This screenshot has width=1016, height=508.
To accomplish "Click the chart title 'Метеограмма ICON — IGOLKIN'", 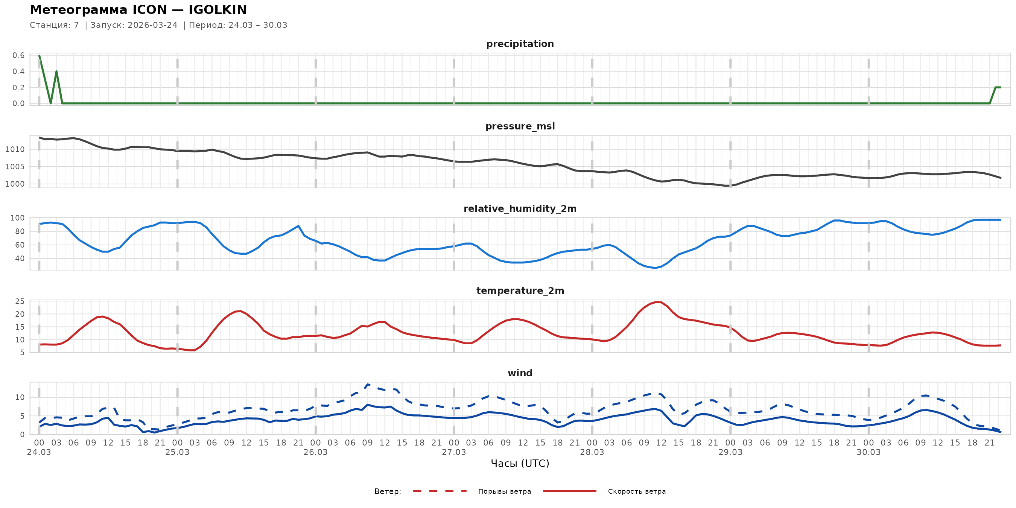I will [138, 9].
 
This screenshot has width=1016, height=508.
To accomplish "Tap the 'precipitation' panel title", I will [520, 44].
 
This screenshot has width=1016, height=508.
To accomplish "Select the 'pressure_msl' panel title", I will [520, 126].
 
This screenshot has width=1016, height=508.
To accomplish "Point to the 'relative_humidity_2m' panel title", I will [520, 208].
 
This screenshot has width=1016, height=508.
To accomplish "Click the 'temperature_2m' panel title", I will [520, 291].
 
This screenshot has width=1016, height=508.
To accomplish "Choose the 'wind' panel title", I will [520, 373].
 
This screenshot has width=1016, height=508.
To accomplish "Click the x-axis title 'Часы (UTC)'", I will [520, 464].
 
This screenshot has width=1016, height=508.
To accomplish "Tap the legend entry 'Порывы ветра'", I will [505, 491].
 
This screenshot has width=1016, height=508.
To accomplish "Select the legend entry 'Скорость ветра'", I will [637, 491].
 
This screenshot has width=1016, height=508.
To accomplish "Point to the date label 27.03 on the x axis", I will [453, 452].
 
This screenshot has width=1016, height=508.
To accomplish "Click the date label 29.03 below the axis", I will [730, 452].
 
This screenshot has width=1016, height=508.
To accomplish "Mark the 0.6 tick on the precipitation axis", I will [18, 55].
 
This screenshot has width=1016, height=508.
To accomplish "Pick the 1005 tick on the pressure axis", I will [15, 167].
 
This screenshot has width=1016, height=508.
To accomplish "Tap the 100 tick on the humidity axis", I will [17, 218].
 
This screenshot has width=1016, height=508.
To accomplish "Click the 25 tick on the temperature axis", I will [20, 302].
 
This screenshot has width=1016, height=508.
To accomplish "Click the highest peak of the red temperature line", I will [656, 302].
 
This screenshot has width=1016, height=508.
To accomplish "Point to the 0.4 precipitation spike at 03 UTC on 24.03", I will [56, 71].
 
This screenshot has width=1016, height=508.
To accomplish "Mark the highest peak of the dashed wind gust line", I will [368, 384].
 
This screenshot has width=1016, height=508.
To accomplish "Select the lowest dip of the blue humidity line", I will [655, 268].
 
